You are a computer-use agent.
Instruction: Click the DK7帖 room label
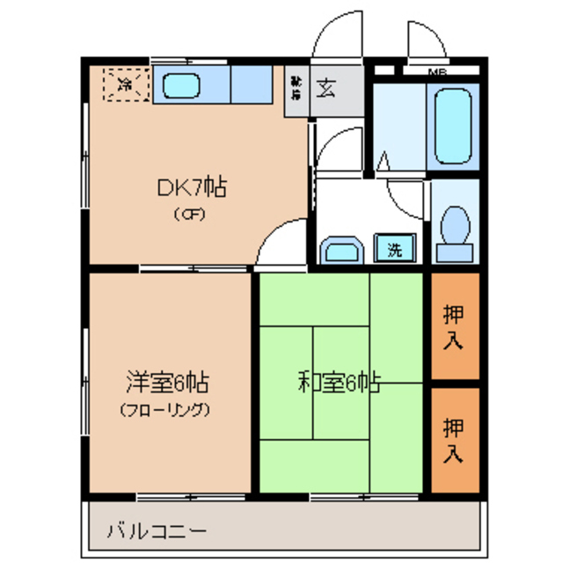click(192, 186)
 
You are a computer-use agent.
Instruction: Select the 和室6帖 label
click(338, 384)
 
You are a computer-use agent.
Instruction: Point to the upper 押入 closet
click(454, 326)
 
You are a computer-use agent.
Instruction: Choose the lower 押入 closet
click(454, 441)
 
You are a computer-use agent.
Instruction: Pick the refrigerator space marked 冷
click(127, 85)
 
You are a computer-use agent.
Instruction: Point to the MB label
click(435, 71)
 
